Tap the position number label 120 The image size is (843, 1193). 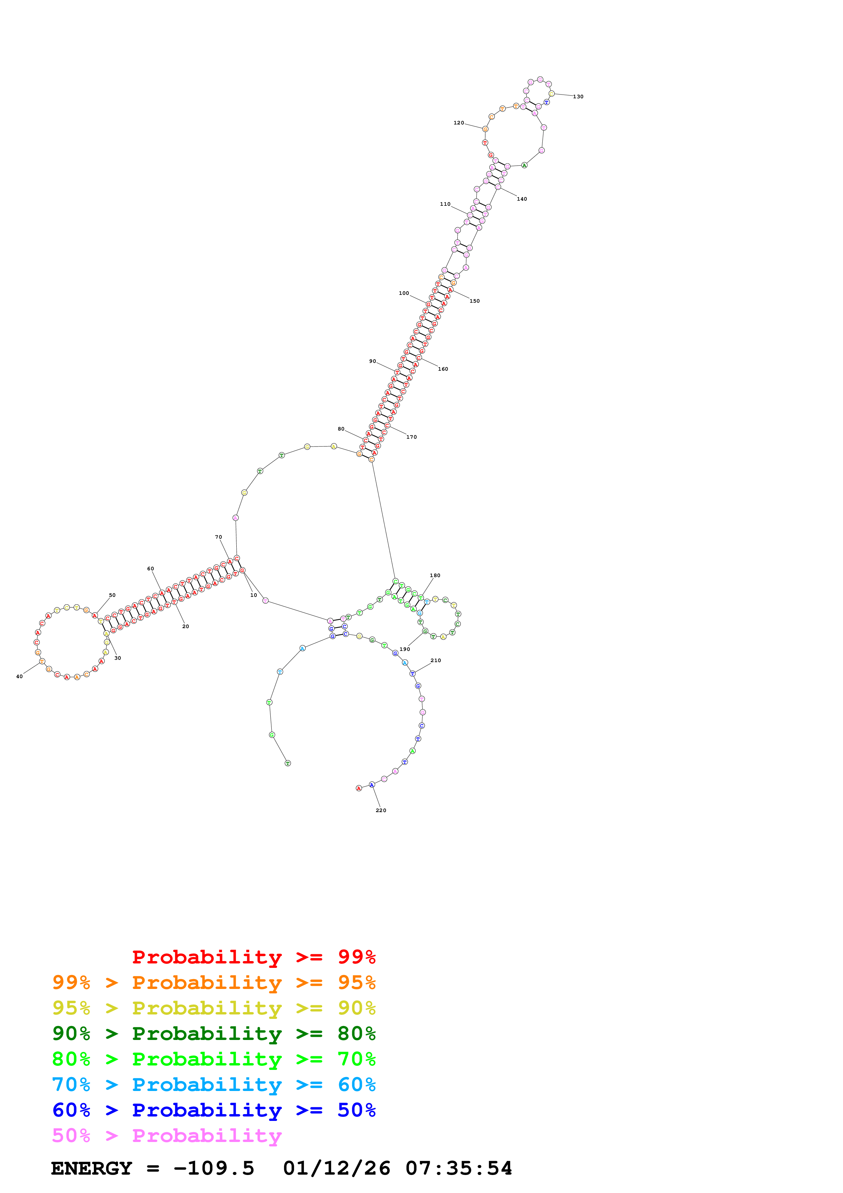459,123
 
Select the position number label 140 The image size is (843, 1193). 522,199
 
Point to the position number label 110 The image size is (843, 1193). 445,204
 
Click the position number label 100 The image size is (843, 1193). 404,293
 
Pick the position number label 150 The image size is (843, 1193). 474,301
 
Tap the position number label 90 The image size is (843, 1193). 372,361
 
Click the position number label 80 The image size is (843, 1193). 341,429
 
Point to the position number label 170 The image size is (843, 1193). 411,437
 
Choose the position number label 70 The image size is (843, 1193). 218,537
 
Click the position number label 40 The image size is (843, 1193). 19,676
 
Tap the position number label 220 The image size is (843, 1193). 381,810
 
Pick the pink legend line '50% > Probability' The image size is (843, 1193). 166,1136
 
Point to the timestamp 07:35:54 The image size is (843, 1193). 459,1169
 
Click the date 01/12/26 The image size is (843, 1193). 337,1169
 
